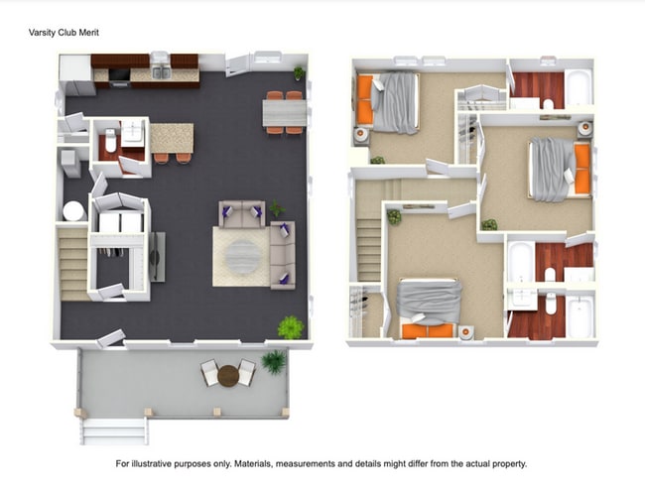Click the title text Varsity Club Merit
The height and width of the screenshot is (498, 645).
tap(64, 32)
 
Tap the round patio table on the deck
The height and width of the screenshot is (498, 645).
tap(229, 375)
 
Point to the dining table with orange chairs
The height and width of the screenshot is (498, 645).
tap(284, 112)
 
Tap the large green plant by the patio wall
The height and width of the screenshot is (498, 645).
tap(290, 325)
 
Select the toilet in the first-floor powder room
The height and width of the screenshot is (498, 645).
tap(110, 145)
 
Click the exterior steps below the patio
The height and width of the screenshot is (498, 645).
tap(113, 431)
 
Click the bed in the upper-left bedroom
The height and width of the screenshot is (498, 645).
tap(392, 103)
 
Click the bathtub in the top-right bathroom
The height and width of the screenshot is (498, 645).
tap(578, 87)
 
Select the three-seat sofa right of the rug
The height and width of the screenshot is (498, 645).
tap(282, 255)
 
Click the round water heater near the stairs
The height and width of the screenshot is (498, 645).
tap(73, 211)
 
